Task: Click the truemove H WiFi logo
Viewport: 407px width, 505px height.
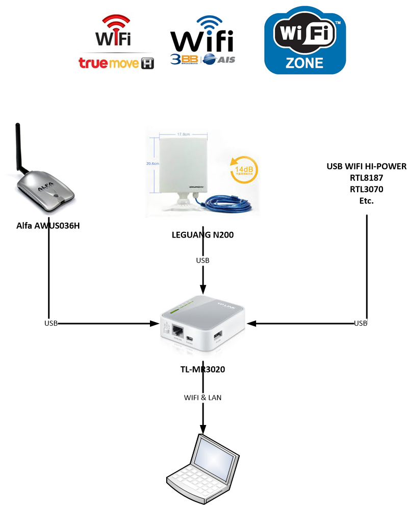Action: click(117, 43)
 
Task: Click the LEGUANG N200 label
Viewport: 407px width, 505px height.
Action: click(202, 235)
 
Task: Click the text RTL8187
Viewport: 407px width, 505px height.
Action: click(367, 178)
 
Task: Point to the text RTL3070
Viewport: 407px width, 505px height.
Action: click(367, 189)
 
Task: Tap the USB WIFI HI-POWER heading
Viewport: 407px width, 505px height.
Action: click(367, 167)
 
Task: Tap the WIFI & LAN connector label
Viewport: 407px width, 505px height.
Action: click(203, 397)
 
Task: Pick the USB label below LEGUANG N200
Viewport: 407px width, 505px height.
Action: click(202, 260)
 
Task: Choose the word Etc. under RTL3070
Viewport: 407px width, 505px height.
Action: click(367, 201)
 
